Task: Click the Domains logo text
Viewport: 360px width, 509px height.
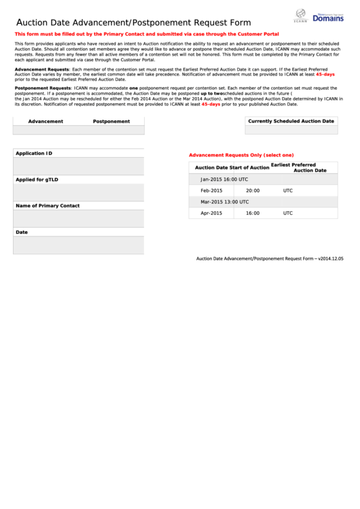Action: (x=327, y=18)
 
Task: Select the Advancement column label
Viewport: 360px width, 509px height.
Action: (x=46, y=122)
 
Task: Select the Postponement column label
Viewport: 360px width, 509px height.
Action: (x=111, y=122)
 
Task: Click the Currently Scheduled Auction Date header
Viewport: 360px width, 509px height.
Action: (x=291, y=121)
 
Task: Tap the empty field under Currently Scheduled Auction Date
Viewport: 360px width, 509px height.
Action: (x=291, y=130)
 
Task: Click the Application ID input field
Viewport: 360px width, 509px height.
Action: (x=79, y=166)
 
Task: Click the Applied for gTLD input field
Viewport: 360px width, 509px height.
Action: (x=79, y=192)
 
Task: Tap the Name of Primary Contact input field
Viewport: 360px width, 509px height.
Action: (x=79, y=218)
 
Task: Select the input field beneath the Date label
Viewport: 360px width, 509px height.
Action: (x=79, y=245)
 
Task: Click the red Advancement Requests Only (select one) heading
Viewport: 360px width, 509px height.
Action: (x=240, y=155)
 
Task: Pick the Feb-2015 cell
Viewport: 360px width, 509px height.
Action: (x=211, y=191)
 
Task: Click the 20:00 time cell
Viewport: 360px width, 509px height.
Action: (x=253, y=191)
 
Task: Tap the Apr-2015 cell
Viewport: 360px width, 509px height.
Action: (x=211, y=213)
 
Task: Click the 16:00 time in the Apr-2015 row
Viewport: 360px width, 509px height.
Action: (x=253, y=213)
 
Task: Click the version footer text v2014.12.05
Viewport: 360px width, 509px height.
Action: (x=330, y=259)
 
